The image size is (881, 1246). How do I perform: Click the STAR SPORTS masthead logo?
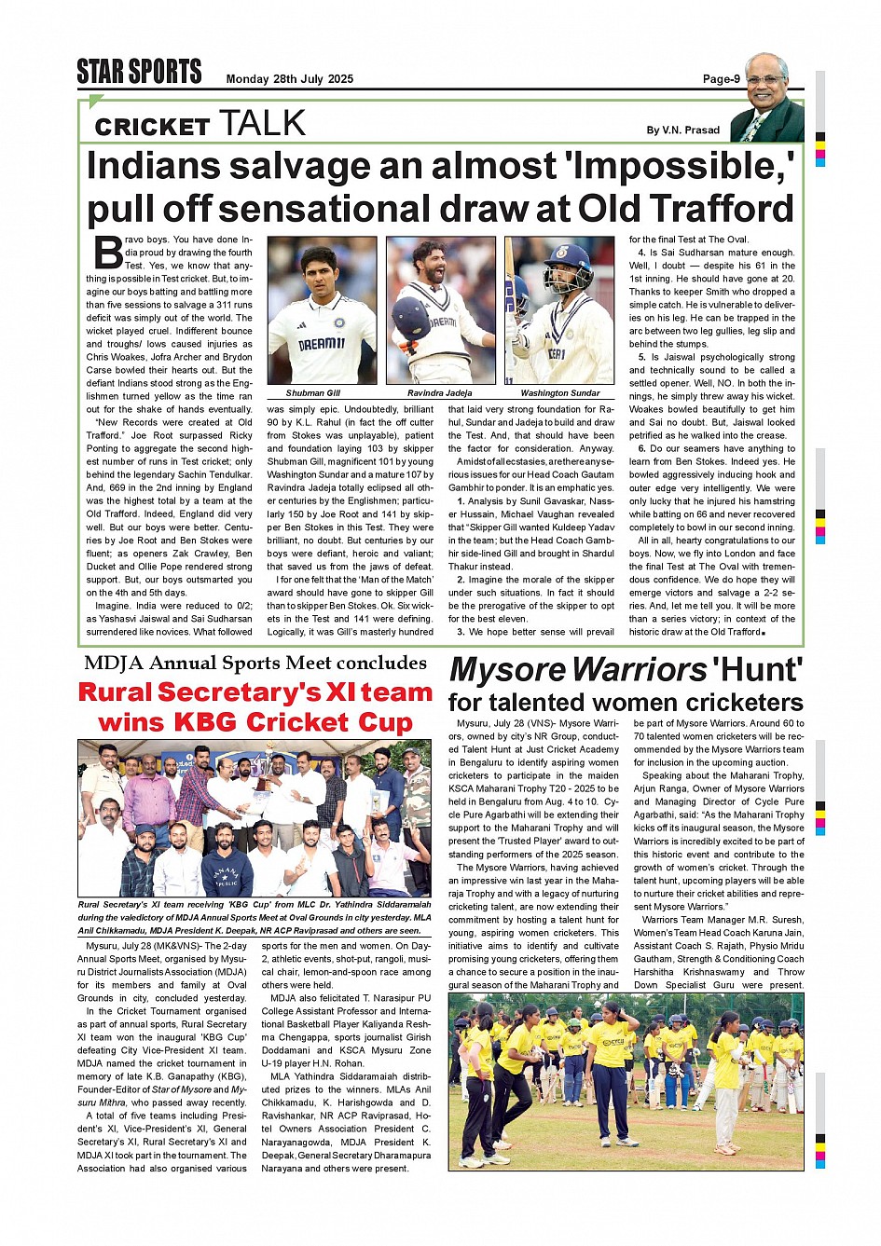point(139,72)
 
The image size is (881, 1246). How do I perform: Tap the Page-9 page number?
point(721,79)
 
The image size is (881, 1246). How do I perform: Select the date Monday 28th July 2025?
point(289,79)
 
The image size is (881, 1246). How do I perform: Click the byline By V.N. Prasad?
point(682,130)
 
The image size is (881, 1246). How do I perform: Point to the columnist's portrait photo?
point(766,98)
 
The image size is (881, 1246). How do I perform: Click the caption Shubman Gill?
point(313,393)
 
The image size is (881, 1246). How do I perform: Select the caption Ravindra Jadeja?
point(440,393)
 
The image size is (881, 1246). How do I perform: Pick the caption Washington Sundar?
point(559,393)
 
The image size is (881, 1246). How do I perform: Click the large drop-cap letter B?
point(108,253)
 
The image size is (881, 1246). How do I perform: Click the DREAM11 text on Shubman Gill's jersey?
point(322,344)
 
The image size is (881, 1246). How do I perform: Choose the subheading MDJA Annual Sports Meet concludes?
point(255,664)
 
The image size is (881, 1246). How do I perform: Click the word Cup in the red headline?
point(376,722)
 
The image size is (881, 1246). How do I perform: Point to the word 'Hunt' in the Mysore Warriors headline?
point(756,670)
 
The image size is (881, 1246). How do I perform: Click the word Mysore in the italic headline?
point(508,670)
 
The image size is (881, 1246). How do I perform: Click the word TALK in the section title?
point(262,124)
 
